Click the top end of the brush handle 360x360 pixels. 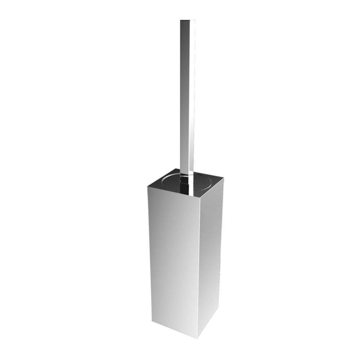pos(188,21)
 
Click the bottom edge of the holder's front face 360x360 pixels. pos(175,329)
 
